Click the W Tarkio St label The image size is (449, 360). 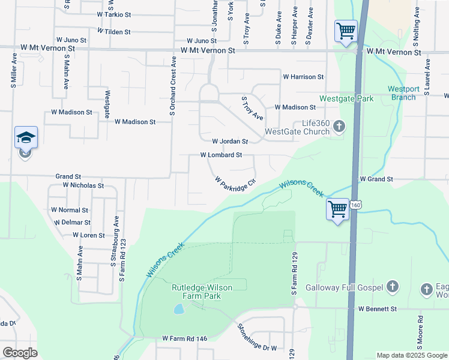(x=113, y=14)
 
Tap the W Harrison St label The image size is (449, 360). (x=303, y=77)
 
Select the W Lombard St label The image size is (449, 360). (x=221, y=155)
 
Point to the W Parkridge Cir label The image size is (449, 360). (x=235, y=181)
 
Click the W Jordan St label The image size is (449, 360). (x=230, y=142)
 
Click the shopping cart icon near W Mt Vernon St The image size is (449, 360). (x=346, y=30)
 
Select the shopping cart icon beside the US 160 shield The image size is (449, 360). (x=338, y=209)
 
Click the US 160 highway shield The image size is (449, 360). (x=357, y=205)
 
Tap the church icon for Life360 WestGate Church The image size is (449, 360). (x=339, y=126)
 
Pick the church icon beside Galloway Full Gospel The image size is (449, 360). (x=393, y=287)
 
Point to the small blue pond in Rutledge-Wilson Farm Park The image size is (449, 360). (x=179, y=310)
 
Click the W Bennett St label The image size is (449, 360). (x=378, y=309)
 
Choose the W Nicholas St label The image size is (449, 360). (x=83, y=186)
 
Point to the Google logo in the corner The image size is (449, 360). (x=20, y=352)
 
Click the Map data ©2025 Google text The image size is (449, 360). (x=411, y=355)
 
